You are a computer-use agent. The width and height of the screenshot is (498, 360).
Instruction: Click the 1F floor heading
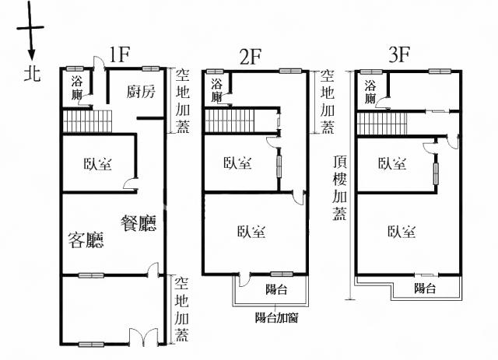pos(119,54)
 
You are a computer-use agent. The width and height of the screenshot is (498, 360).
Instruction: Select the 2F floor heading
pos(251,57)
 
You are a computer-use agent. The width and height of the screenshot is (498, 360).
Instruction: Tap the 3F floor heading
pos(399,54)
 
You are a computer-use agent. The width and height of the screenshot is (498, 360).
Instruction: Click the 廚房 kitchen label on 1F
pos(141,92)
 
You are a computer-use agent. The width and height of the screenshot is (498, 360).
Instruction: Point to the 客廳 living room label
pos(86,239)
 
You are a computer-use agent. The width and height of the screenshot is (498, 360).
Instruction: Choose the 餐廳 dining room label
pos(139,223)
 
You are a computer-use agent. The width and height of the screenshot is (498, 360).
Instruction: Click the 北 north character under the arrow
pos(32,73)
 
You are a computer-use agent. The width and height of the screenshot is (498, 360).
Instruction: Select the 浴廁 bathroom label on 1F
pos(76,88)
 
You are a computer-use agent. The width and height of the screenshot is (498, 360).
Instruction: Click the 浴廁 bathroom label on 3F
pos(370,92)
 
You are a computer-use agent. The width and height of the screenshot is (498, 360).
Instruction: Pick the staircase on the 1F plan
pos(87,121)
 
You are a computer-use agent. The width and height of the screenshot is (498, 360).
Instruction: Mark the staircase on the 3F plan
pos(382,124)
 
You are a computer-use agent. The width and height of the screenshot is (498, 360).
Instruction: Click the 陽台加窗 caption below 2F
pos(277,317)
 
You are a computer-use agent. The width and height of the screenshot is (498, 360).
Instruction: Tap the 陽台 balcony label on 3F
pos(425,288)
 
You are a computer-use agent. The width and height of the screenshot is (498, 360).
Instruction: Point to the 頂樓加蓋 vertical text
pos(339,187)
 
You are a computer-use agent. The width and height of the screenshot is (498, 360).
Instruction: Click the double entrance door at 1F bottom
pos(143,337)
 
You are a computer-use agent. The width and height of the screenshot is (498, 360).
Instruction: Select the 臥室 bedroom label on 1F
pos(98,164)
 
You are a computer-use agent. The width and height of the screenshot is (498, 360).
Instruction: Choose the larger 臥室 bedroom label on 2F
pos(251,232)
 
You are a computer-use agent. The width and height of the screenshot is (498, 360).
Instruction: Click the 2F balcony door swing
pos(244,278)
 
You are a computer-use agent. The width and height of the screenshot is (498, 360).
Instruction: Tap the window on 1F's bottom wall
pos(91,344)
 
